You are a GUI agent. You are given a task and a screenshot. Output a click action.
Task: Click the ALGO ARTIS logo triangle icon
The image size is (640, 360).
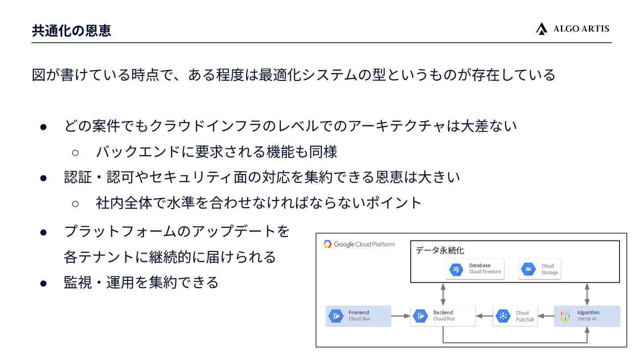pos(541,29)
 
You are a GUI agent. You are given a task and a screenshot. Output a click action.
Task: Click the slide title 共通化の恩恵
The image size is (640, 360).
pos(72,30)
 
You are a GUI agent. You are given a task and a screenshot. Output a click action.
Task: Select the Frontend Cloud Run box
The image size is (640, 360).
pos(358,316)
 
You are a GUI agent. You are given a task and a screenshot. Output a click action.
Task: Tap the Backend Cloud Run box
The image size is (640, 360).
pos(443,316)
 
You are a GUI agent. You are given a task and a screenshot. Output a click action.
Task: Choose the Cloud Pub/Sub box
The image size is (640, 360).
pos(515,316)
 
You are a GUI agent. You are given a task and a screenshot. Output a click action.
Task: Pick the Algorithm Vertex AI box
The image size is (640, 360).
pos(587,316)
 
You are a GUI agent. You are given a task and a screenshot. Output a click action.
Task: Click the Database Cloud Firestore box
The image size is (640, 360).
pos(475,269)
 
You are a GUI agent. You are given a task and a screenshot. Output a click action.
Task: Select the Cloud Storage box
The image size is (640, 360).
pos(540,269)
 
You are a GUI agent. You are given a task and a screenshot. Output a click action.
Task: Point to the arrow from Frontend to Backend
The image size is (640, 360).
pos(400,316)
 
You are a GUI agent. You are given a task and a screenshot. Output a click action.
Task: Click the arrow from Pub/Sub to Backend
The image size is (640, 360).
pos(484,316)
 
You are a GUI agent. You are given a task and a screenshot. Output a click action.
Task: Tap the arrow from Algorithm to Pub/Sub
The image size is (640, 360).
pos(546,316)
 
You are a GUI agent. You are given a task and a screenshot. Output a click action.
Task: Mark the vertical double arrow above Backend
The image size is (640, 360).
pos(443,294)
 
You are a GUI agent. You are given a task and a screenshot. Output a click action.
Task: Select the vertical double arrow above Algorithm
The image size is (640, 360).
pos(587,294)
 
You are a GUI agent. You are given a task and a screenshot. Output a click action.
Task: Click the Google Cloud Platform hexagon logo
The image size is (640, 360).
pos(328,244)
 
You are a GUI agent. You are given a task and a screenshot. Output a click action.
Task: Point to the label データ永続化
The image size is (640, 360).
pos(440,250)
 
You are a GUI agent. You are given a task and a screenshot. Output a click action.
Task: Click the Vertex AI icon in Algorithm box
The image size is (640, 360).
pos(565,316)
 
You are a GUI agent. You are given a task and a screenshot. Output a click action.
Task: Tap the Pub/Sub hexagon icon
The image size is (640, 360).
pos(503,316)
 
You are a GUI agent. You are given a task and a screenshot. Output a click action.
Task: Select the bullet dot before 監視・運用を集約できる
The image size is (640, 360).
pos(44,283)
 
